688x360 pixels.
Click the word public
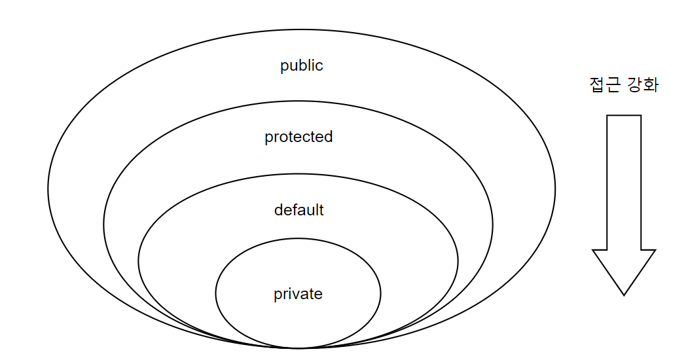pos(302,66)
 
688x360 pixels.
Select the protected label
pos(299,137)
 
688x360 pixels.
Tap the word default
pos(299,210)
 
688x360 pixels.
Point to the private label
pos(298,294)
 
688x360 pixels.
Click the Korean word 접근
pos(604,86)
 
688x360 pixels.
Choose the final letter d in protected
pos(329,136)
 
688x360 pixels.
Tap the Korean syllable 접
pos(597,86)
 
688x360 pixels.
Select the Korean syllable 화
pos(651,86)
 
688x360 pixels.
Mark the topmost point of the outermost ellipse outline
pos(302,29)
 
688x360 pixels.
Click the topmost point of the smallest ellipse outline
pos(298,238)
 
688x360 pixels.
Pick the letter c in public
pos(319,66)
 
